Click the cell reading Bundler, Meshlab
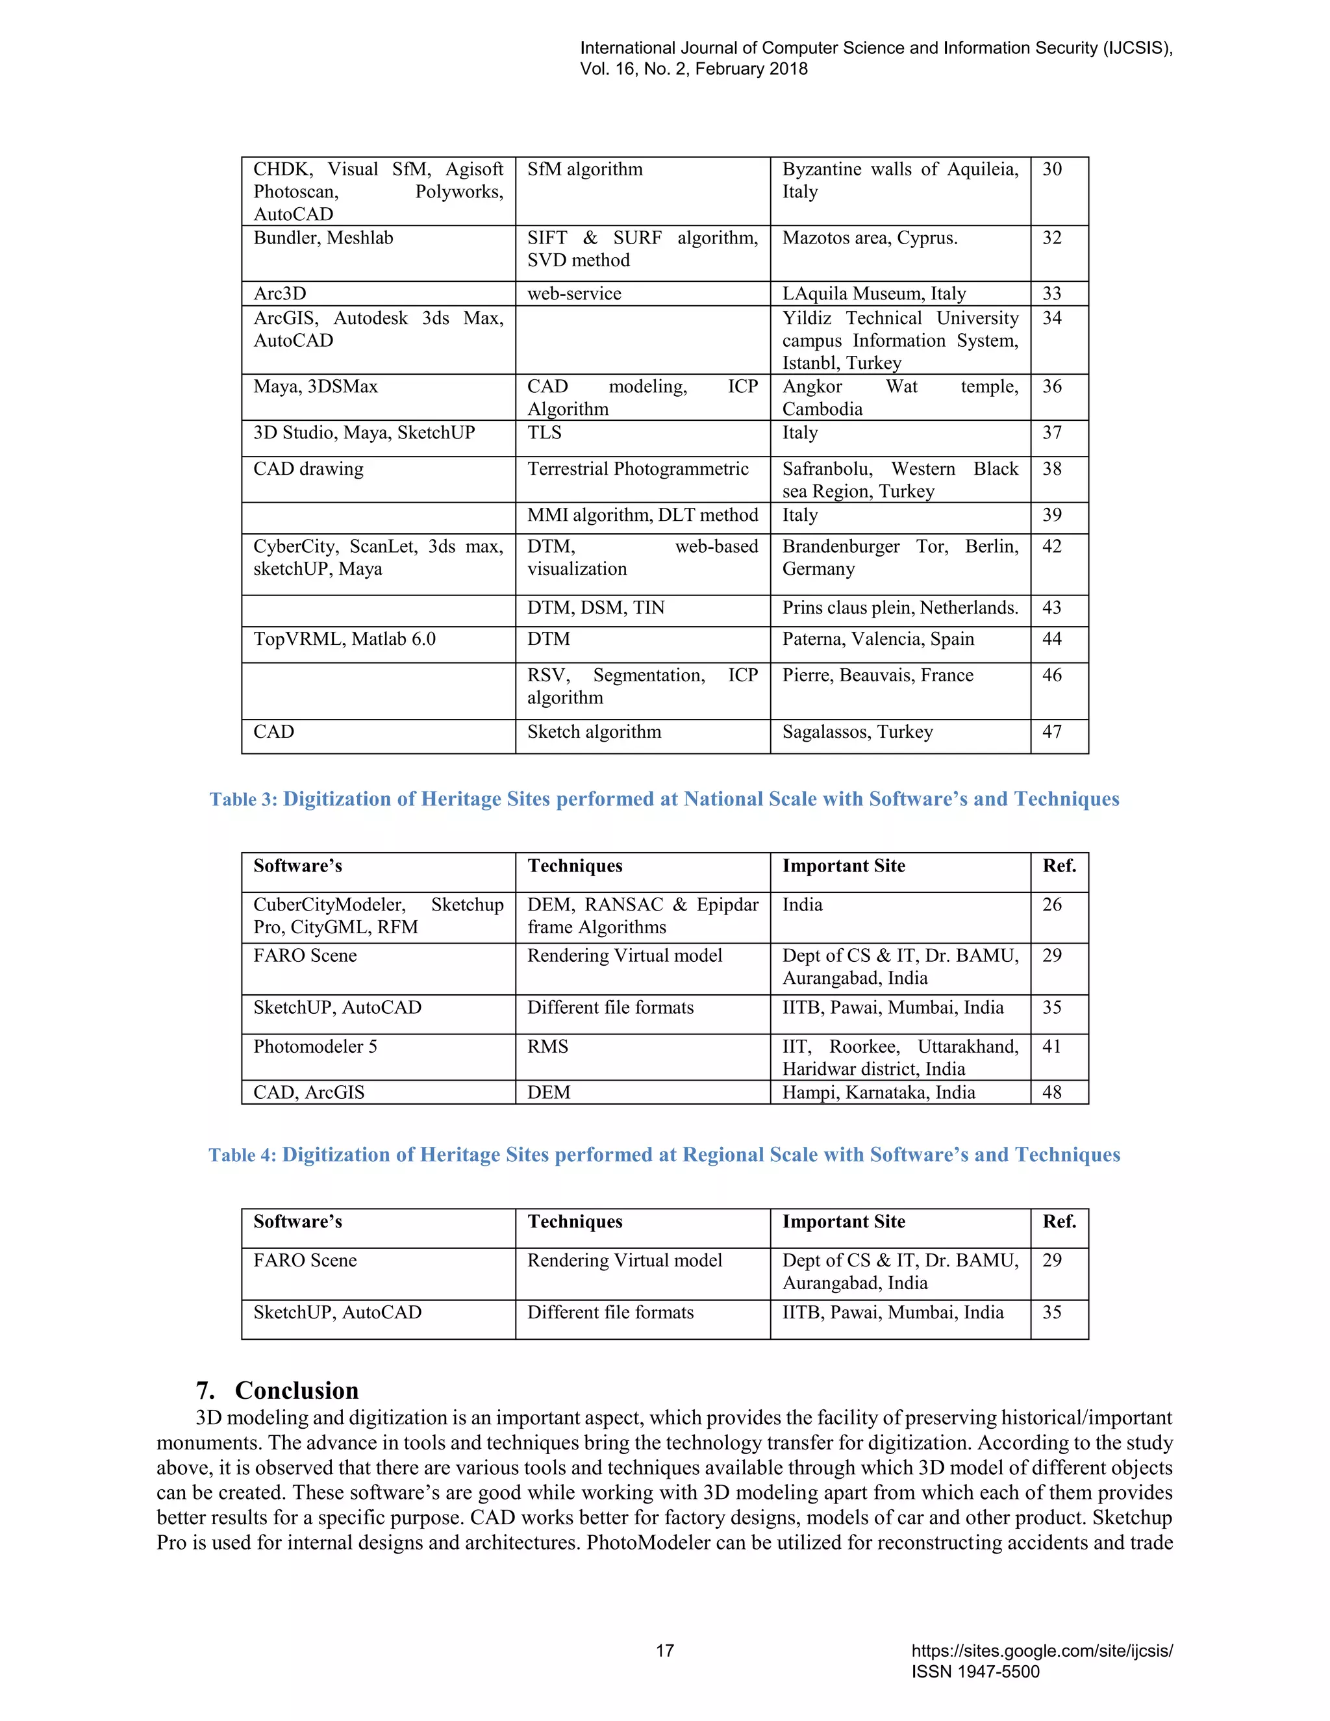(x=323, y=238)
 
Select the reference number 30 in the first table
(x=1052, y=170)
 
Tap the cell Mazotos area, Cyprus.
(x=870, y=238)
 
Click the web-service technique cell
(x=574, y=294)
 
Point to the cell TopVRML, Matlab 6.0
(x=344, y=639)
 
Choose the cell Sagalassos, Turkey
(x=857, y=732)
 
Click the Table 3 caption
(x=664, y=799)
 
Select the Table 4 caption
(x=664, y=1155)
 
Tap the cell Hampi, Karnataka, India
(x=879, y=1092)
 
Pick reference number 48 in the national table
(x=1052, y=1092)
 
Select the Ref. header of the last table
(x=1059, y=1222)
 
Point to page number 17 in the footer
(x=665, y=1651)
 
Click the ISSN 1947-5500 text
(x=975, y=1672)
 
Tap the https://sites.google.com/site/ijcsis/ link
(x=1042, y=1651)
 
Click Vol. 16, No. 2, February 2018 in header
(x=694, y=69)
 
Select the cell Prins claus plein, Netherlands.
(x=900, y=608)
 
